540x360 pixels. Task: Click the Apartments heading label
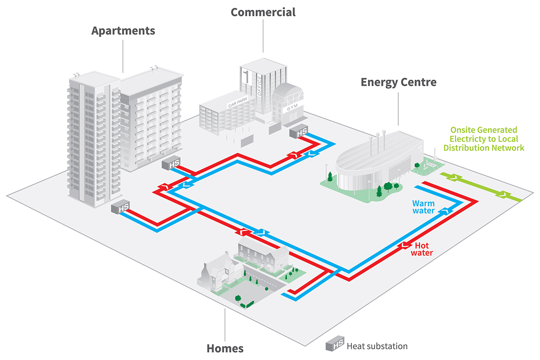(x=123, y=31)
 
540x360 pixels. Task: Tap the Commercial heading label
(x=263, y=12)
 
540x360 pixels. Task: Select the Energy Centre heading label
(x=398, y=82)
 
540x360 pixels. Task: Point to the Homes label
(x=225, y=348)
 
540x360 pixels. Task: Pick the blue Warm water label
(x=423, y=207)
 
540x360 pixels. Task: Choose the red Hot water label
(x=423, y=249)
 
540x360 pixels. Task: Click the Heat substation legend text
(x=377, y=346)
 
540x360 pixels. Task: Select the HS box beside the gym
(x=298, y=132)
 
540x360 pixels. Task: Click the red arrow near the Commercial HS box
(x=293, y=155)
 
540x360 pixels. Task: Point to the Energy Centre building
(x=378, y=162)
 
